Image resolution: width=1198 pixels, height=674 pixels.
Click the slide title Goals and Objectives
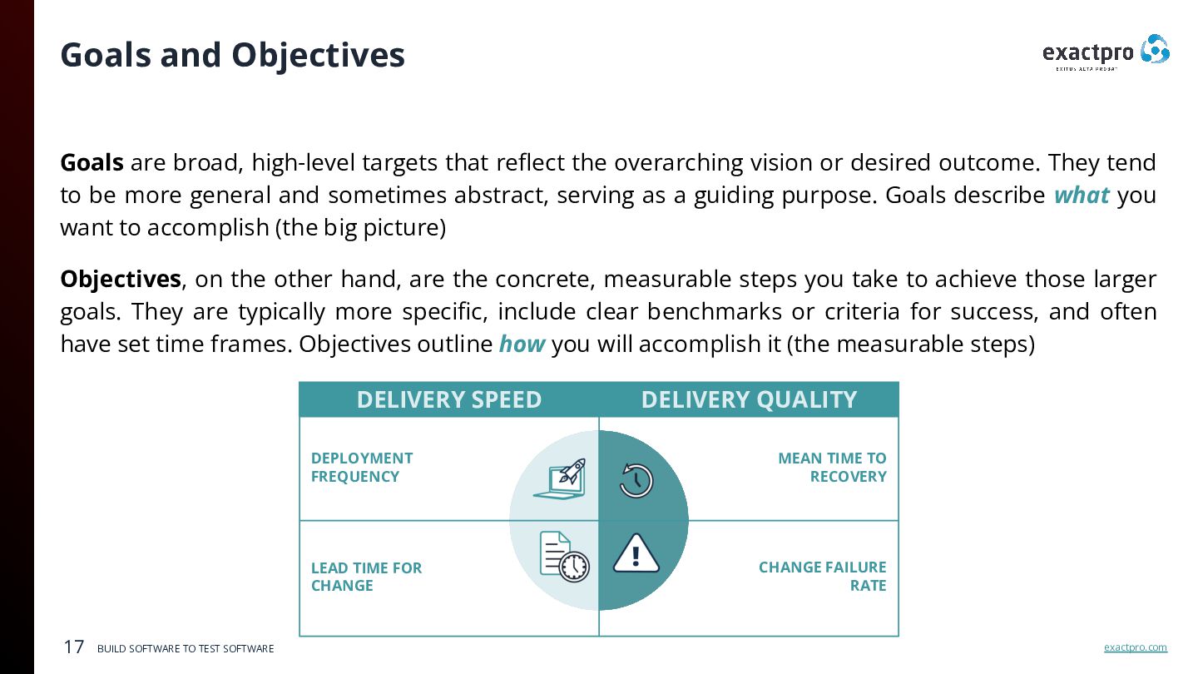point(232,55)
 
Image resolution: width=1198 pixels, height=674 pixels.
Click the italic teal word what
point(1081,196)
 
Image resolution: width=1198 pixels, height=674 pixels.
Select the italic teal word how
point(522,344)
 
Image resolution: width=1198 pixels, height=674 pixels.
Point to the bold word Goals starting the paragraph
point(92,162)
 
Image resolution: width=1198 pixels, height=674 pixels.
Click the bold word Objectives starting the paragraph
point(121,279)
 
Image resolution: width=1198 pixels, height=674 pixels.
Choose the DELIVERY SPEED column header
point(448,399)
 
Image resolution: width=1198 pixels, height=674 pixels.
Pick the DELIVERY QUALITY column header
point(749,399)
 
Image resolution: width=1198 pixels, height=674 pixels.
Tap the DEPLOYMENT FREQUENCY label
point(362,467)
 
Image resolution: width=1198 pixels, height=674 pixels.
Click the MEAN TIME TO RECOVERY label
point(832,467)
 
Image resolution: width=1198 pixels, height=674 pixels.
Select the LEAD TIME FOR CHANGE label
point(366,576)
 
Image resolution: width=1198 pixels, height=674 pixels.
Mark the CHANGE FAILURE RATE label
point(822,576)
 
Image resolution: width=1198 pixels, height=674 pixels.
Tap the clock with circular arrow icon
point(636,480)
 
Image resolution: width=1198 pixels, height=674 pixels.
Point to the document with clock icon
point(563,557)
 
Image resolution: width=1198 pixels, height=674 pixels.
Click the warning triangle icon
point(636,554)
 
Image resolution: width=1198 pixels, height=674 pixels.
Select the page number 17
point(74,647)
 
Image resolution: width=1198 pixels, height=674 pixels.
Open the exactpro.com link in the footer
point(1135,647)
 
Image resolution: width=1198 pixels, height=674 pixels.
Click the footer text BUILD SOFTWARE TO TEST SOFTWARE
point(186,648)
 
